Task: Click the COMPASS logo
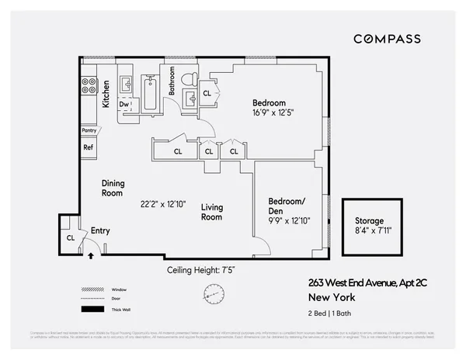[x=387, y=39]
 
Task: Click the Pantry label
[x=89, y=131]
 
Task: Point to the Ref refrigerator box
[x=89, y=146]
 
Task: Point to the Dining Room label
[x=113, y=188]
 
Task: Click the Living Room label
[x=211, y=212]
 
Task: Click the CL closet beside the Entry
[x=70, y=238]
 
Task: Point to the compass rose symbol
[x=210, y=293]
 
